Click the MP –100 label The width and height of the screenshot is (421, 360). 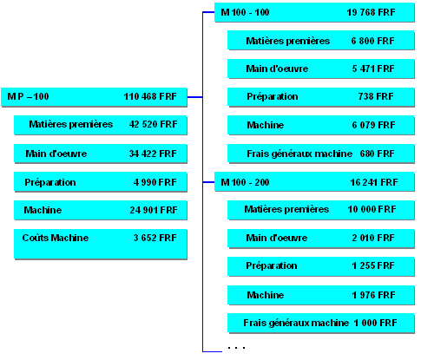(x=28, y=96)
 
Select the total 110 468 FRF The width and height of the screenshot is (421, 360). (x=150, y=96)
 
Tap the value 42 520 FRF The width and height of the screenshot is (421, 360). (x=153, y=124)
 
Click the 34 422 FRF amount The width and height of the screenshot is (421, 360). (x=153, y=154)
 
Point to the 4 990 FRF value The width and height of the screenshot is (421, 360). (x=155, y=182)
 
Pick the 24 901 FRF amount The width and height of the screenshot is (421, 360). (x=154, y=210)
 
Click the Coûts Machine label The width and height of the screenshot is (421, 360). (x=56, y=238)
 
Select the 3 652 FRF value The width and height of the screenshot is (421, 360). (x=155, y=238)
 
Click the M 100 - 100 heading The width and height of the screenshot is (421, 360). (x=245, y=12)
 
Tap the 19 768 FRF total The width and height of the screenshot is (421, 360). (x=371, y=12)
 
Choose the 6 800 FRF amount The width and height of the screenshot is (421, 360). (x=372, y=41)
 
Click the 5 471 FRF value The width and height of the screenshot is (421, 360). (x=373, y=69)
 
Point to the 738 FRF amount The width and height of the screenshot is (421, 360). (x=376, y=96)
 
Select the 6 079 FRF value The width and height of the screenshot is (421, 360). (x=373, y=125)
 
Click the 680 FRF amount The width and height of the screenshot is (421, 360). (x=377, y=154)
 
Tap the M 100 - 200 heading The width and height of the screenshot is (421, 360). (x=245, y=182)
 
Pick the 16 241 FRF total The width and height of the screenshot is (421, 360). (x=374, y=182)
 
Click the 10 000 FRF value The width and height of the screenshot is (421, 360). (x=372, y=209)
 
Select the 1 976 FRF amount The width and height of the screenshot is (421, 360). (x=373, y=295)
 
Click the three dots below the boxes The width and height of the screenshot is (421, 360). (x=236, y=348)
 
